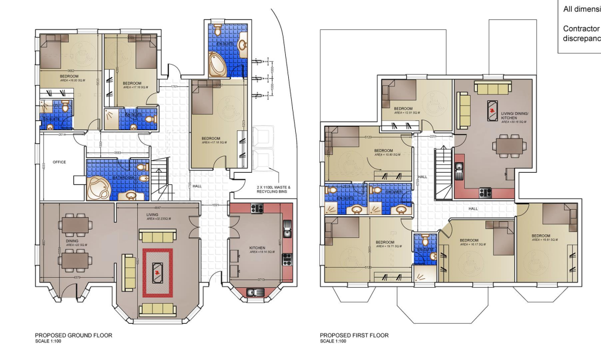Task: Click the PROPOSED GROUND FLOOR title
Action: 73,335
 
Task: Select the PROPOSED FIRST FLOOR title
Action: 354,335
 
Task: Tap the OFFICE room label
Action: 59,162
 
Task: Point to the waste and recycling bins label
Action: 274,189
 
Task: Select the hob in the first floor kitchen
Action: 485,191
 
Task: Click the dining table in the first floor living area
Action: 508,144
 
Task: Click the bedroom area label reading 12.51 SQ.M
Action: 407,113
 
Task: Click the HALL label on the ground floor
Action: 197,187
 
